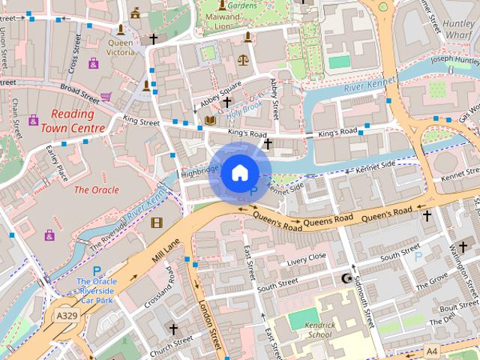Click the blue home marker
[239, 173]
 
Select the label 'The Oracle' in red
[96, 190]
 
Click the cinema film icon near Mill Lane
[156, 222]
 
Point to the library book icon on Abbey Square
[210, 119]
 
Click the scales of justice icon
[242, 58]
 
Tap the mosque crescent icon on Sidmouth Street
[346, 278]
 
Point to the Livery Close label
[307, 259]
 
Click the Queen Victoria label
[120, 48]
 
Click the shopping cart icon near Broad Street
[106, 97]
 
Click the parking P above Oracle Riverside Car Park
[96, 271]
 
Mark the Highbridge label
[199, 171]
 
